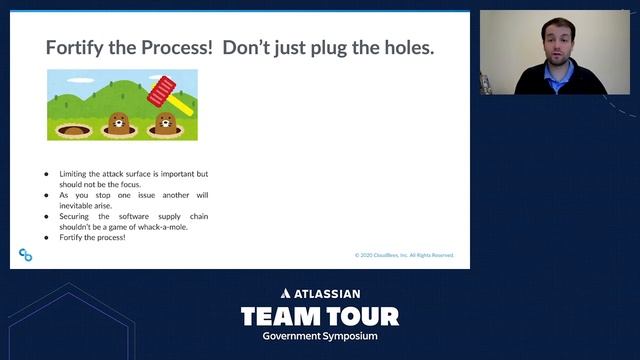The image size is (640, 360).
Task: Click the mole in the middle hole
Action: (x=119, y=124)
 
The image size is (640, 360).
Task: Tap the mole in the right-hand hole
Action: (x=164, y=124)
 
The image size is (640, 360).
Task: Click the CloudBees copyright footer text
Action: (x=404, y=255)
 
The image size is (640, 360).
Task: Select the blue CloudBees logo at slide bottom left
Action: (x=26, y=256)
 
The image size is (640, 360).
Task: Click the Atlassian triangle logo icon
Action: (x=286, y=294)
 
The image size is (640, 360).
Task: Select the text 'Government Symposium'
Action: (x=320, y=336)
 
